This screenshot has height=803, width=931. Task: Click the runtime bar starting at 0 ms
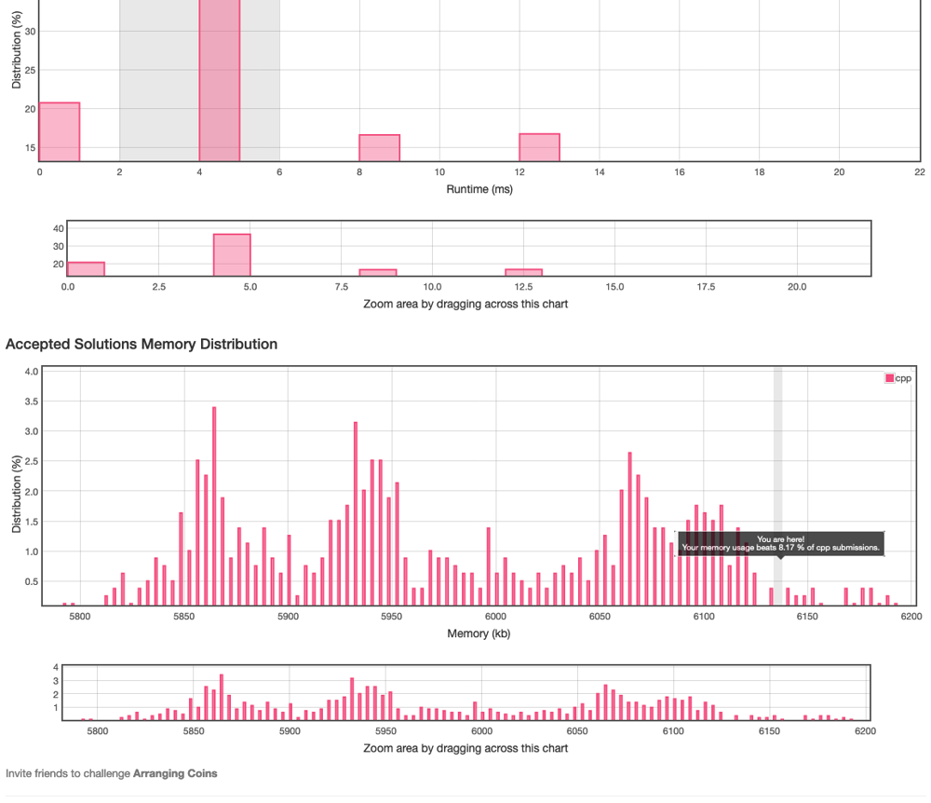(59, 131)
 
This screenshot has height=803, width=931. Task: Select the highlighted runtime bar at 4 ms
(219, 84)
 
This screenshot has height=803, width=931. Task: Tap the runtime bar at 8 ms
(379, 147)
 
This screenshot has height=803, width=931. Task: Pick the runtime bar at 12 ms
(539, 147)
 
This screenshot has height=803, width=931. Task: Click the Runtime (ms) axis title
(479, 189)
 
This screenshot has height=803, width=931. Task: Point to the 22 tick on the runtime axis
(919, 172)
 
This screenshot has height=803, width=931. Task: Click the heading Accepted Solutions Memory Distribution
(142, 345)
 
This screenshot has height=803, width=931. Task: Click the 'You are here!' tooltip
(780, 543)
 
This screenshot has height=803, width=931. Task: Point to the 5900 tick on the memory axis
(288, 617)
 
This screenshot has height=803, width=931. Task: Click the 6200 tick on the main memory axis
(911, 617)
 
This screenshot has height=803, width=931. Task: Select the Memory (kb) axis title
(479, 633)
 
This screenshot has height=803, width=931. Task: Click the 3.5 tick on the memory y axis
(31, 401)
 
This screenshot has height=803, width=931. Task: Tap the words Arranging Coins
(175, 773)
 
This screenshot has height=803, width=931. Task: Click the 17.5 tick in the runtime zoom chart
(705, 287)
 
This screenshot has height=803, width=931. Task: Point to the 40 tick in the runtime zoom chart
(58, 228)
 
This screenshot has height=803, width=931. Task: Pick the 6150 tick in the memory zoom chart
(768, 732)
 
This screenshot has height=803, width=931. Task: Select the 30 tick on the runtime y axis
(31, 31)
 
